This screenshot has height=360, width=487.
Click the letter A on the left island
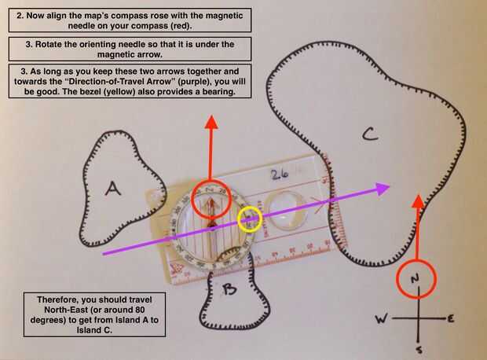point(113,188)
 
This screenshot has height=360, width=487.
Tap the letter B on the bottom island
point(229,291)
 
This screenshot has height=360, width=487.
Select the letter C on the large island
point(370,135)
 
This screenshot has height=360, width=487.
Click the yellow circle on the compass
point(251,219)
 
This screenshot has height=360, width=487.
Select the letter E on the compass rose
point(452,318)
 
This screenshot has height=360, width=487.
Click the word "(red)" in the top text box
point(181,26)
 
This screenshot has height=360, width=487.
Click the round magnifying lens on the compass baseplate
point(279,208)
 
